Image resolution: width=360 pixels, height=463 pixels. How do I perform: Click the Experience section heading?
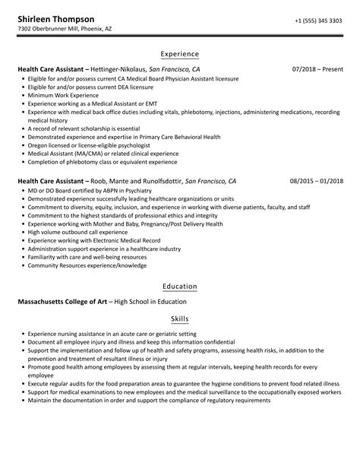pos(180,54)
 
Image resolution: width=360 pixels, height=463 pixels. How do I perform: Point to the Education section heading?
pos(180,287)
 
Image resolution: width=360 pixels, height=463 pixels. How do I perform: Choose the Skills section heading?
pos(180,319)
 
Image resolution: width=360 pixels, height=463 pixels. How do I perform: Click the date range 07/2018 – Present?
pos(317,69)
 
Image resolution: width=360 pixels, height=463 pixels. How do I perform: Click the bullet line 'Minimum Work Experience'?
pos(60,96)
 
